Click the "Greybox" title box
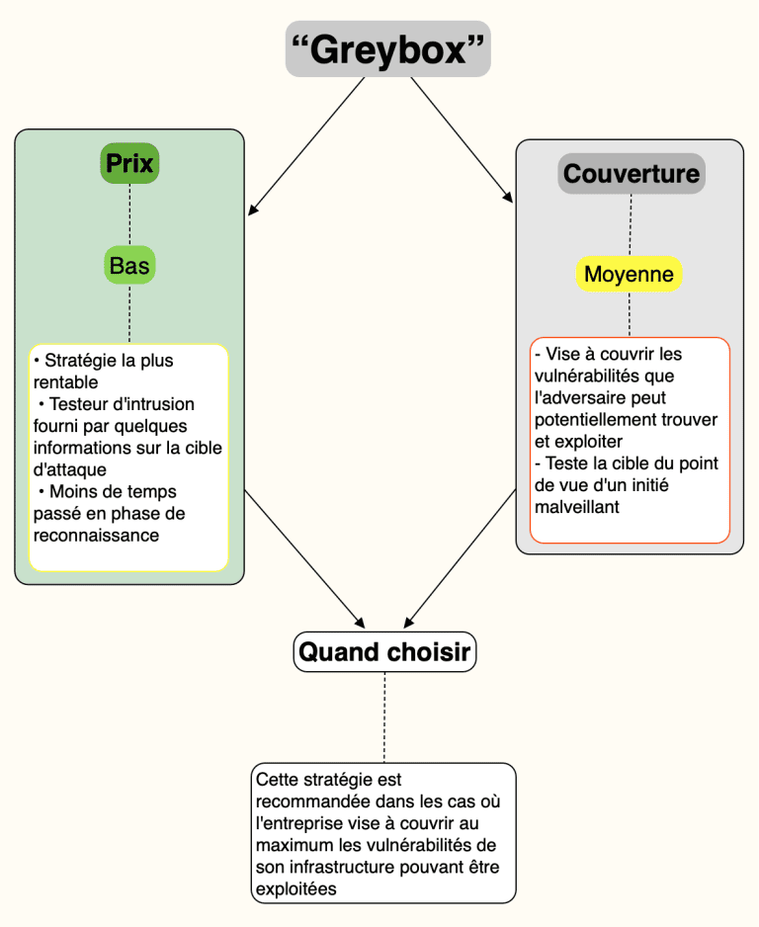387,49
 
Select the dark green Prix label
129,163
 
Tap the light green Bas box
129,266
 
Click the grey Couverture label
632,174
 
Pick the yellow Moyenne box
629,275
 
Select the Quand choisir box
384,651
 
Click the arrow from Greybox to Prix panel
306,146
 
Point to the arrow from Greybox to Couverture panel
462,140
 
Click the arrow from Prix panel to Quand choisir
304,558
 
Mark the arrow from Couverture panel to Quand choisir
460,558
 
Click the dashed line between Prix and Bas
130,214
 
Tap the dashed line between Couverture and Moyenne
631,225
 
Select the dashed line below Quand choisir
384,717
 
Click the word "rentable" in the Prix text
65,382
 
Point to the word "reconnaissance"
96,536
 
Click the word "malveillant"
577,507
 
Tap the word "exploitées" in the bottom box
296,889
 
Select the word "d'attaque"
70,470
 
